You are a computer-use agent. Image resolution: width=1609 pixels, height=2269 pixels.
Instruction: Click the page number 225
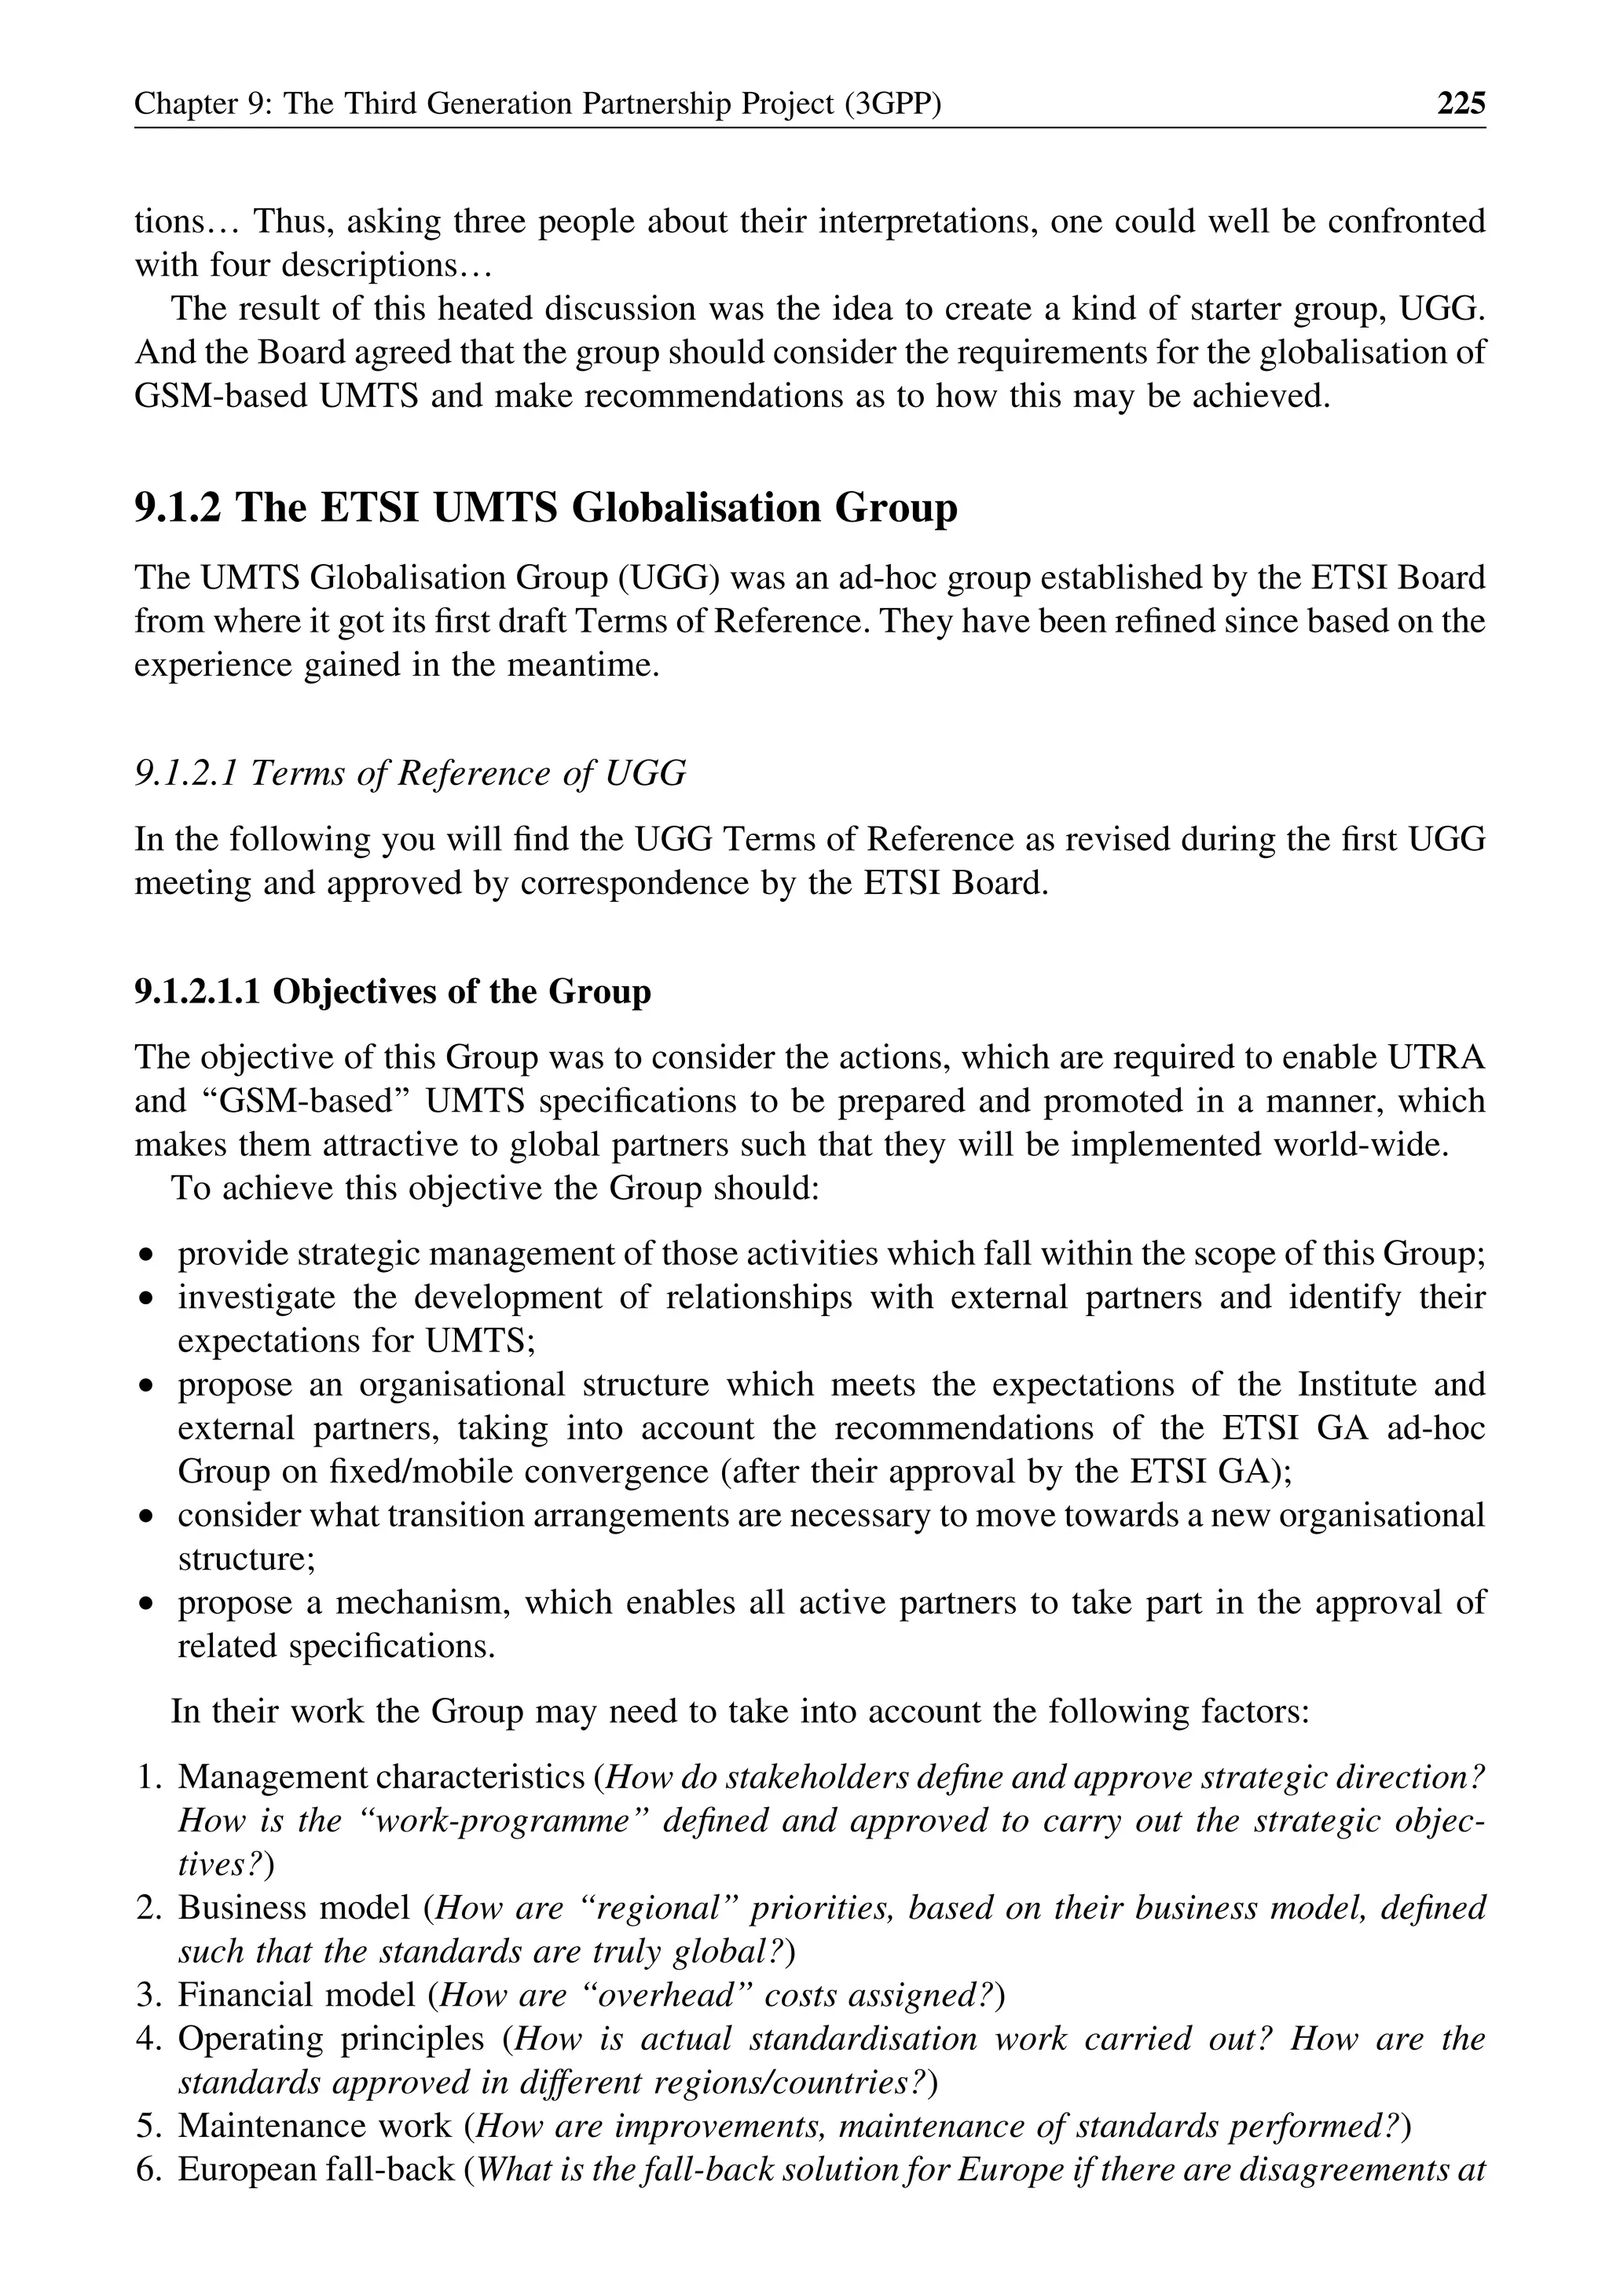[1461, 103]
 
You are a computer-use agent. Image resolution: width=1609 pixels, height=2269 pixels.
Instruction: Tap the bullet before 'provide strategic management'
[147, 1256]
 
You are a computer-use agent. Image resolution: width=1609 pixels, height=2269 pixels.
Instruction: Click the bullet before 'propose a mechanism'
[147, 1604]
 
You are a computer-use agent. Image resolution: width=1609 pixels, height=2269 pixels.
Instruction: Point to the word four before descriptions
[240, 265]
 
